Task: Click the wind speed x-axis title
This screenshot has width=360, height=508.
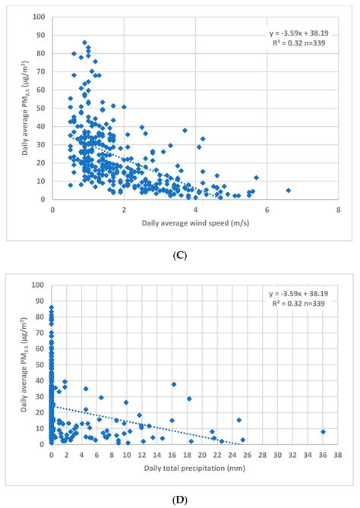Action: (x=196, y=224)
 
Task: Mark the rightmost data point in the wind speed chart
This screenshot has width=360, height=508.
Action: (x=289, y=191)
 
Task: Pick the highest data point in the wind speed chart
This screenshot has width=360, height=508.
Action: (x=84, y=43)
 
